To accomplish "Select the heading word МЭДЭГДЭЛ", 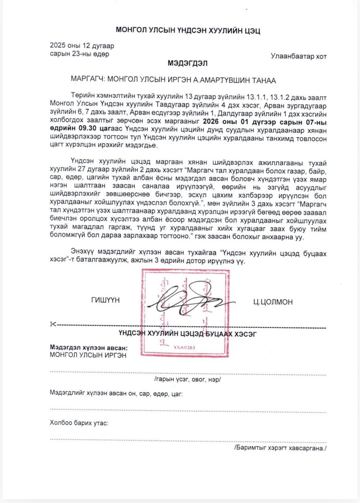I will click(x=188, y=64).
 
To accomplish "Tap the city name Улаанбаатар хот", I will click(x=298, y=57).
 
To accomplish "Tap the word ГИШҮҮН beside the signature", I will click(x=104, y=301).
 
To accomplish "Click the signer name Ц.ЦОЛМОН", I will click(x=273, y=302).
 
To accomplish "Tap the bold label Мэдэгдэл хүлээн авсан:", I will click(x=89, y=348).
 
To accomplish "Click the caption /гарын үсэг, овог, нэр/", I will click(x=188, y=379).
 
